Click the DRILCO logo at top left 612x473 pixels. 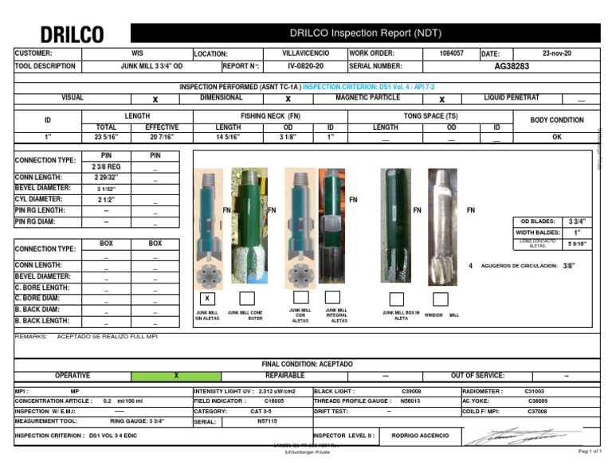tap(72, 35)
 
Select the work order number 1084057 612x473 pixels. tap(451, 53)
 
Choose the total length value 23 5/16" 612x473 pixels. tap(106, 137)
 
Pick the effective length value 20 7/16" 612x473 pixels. tap(162, 137)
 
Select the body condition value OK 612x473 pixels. tap(557, 137)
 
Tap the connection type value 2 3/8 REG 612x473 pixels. tap(106, 165)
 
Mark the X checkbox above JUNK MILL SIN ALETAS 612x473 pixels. tap(206, 298)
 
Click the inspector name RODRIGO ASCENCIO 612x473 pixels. tap(420, 436)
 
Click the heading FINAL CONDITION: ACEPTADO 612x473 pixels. tap(308, 364)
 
